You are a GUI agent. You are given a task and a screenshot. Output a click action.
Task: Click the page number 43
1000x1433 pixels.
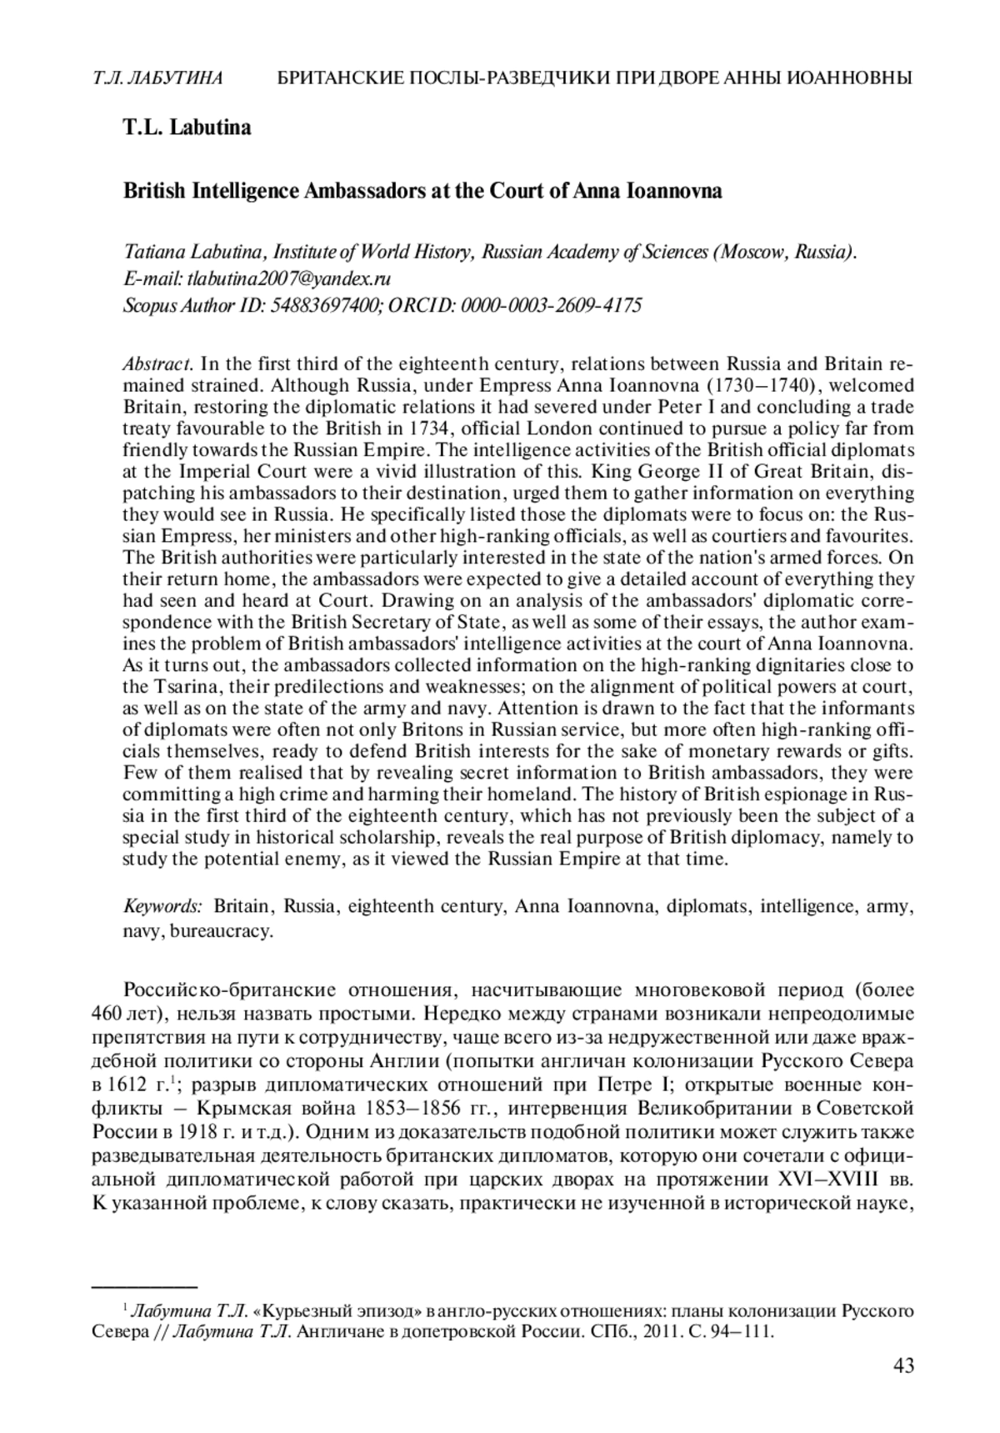click(x=902, y=1365)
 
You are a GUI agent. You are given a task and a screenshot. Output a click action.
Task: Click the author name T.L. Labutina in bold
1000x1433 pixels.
click(x=187, y=128)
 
